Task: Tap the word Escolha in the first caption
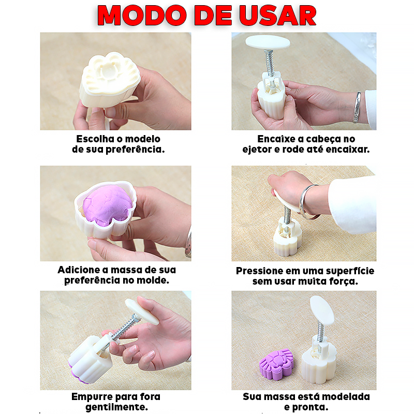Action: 95,139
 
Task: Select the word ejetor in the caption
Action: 257,150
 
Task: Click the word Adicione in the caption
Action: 80,270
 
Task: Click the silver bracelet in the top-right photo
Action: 357,107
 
